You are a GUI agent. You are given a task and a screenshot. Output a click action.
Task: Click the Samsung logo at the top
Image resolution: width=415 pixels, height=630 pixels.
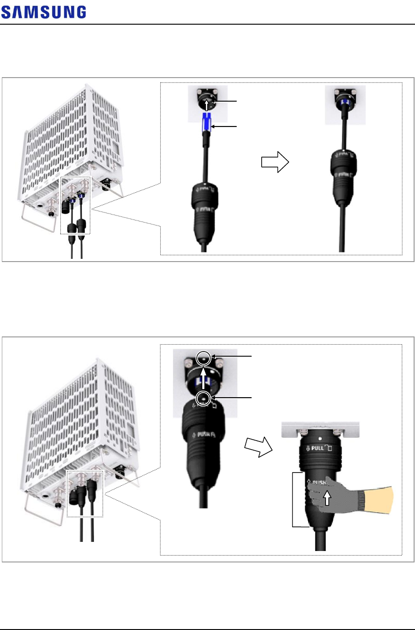43,12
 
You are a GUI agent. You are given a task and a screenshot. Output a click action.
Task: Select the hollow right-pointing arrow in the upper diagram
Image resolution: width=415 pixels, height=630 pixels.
276,162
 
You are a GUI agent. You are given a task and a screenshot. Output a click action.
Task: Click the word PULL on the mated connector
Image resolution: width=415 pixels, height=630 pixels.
317,448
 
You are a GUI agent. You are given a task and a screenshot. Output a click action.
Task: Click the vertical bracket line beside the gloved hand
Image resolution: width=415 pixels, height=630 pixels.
293,500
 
